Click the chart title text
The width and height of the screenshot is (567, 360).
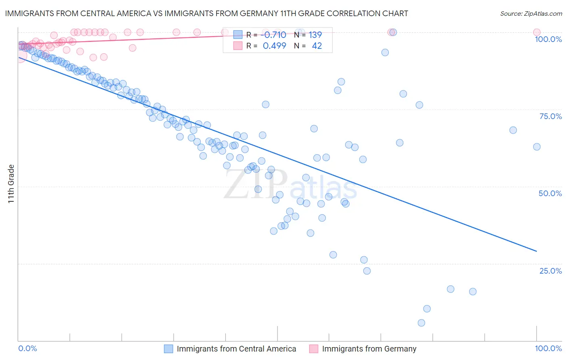(x=206, y=14)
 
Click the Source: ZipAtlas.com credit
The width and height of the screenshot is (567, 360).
(x=531, y=14)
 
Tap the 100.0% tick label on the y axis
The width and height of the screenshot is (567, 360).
(x=548, y=39)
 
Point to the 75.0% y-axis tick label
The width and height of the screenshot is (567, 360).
(x=550, y=116)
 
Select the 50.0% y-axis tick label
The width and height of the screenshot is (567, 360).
(x=550, y=193)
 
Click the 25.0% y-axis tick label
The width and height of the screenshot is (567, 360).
(x=550, y=271)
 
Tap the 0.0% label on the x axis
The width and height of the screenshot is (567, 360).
(x=28, y=348)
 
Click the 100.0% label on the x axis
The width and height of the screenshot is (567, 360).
(x=548, y=348)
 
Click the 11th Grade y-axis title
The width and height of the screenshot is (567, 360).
(x=11, y=184)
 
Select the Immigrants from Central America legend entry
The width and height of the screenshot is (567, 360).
(x=236, y=349)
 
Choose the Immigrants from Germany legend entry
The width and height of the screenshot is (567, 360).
(x=369, y=349)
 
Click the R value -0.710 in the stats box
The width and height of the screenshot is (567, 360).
(x=274, y=35)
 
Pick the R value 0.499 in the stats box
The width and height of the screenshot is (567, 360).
(x=274, y=46)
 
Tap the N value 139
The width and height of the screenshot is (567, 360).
(x=315, y=35)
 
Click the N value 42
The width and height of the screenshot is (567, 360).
(x=317, y=46)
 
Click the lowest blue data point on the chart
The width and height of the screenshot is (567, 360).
(x=421, y=323)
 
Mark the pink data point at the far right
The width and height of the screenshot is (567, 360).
(x=537, y=32)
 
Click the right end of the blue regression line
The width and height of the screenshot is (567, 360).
(x=536, y=251)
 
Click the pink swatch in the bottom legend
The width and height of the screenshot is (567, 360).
(x=314, y=349)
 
